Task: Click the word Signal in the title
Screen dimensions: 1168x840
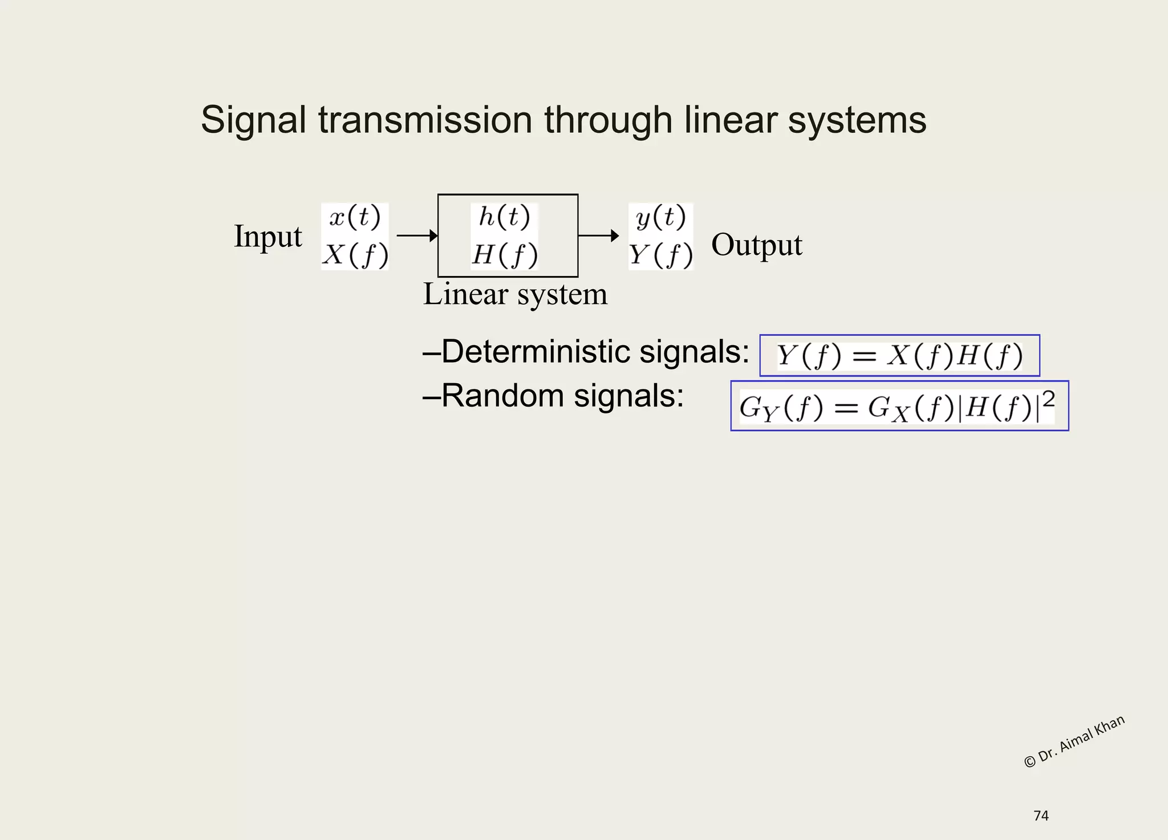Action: point(253,120)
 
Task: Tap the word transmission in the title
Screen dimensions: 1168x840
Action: point(425,120)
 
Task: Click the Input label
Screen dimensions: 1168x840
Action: point(267,236)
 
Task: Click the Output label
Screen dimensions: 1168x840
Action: point(756,245)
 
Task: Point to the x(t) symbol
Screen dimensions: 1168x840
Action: point(355,217)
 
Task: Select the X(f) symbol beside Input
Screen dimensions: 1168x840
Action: point(355,254)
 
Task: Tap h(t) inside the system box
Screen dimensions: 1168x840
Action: point(504,217)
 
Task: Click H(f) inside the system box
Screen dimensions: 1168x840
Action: point(504,254)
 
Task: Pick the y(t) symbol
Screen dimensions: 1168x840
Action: point(660,217)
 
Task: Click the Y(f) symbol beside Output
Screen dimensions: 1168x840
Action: point(660,254)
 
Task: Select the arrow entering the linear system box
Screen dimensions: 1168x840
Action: point(417,236)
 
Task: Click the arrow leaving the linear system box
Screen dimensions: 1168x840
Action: point(598,236)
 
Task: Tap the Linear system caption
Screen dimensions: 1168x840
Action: point(515,295)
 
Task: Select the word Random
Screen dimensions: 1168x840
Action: point(502,395)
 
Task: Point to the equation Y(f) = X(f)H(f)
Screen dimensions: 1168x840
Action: point(899,356)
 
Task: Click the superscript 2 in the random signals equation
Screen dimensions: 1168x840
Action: point(1048,399)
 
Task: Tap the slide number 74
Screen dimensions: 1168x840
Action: point(1041,816)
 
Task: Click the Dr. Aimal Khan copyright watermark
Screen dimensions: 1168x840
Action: point(1074,741)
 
